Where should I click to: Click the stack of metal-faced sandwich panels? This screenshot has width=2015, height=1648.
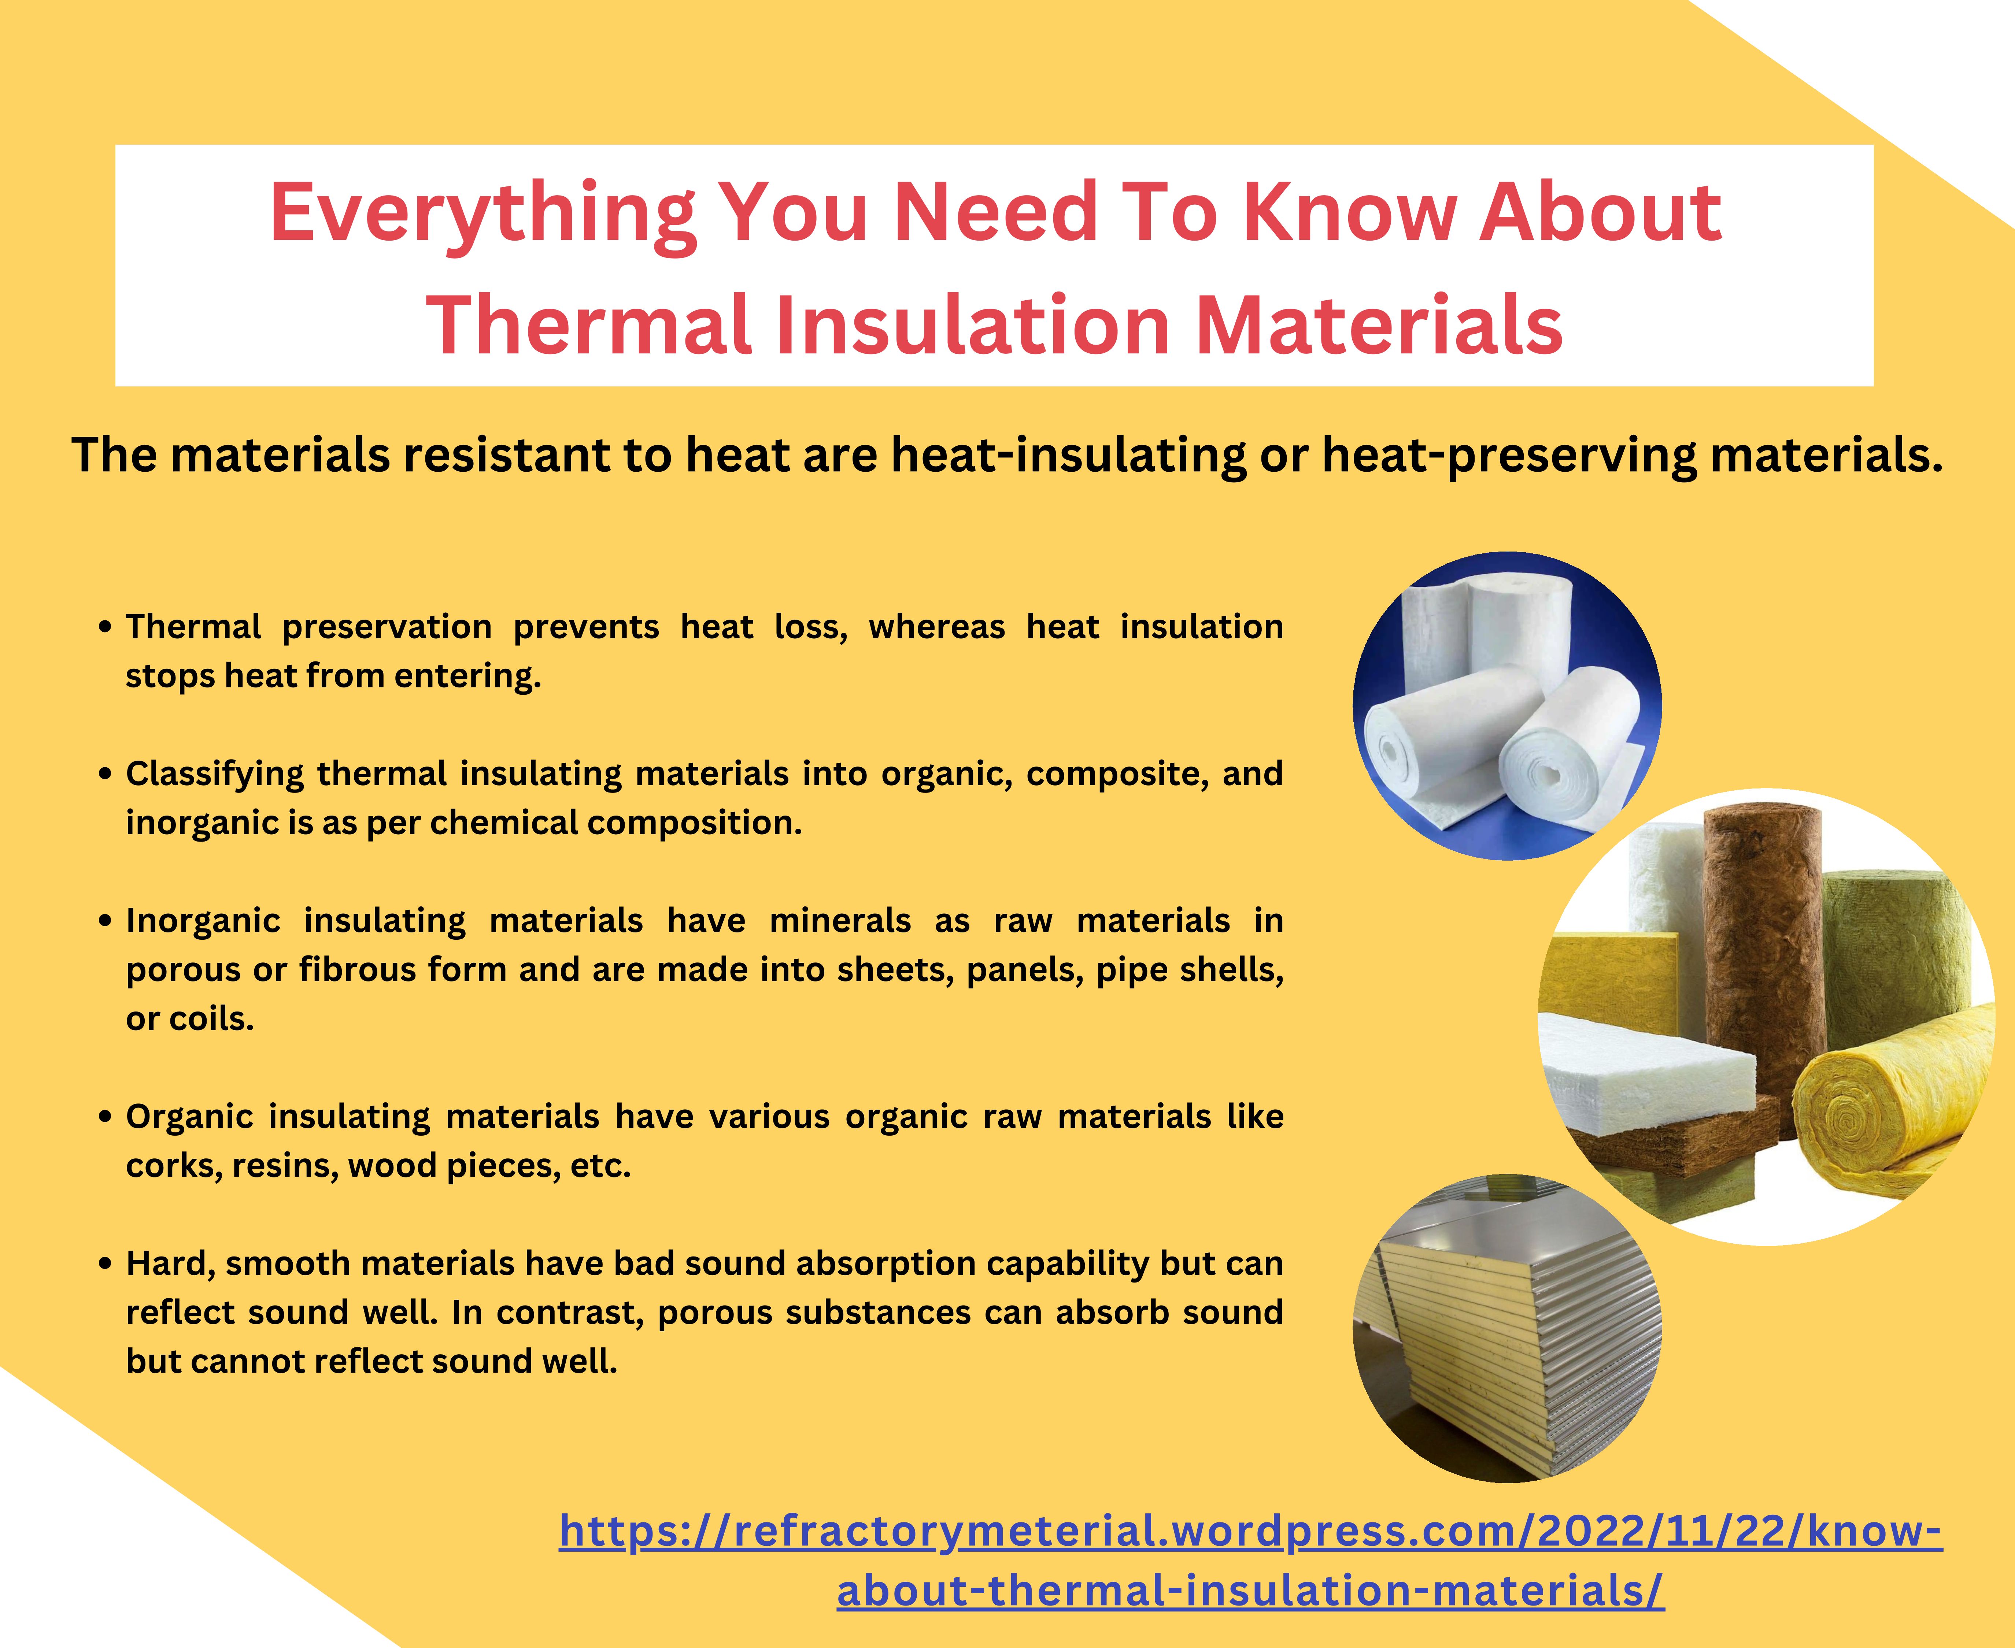pos(1510,1329)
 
